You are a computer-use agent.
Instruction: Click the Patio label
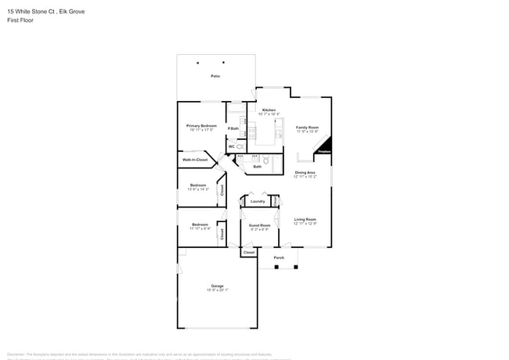[215, 76]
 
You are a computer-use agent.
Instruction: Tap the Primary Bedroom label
[201, 126]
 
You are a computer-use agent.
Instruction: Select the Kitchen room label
[269, 110]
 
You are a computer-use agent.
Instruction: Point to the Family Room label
[307, 127]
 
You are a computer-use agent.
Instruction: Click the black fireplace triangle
[326, 147]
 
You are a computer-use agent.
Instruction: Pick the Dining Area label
[305, 172]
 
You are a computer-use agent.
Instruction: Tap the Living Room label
[305, 219]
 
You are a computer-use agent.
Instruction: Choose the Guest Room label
[259, 225]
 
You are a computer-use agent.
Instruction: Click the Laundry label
[258, 201]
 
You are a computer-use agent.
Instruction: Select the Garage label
[217, 286]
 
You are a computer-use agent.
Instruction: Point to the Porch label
[279, 257]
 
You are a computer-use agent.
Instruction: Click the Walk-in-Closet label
[195, 160]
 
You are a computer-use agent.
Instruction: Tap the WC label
[232, 146]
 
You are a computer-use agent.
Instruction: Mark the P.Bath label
[233, 128]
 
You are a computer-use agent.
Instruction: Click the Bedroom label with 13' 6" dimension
[198, 185]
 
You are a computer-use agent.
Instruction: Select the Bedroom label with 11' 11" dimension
[200, 225]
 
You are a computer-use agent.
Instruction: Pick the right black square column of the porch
[297, 267]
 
